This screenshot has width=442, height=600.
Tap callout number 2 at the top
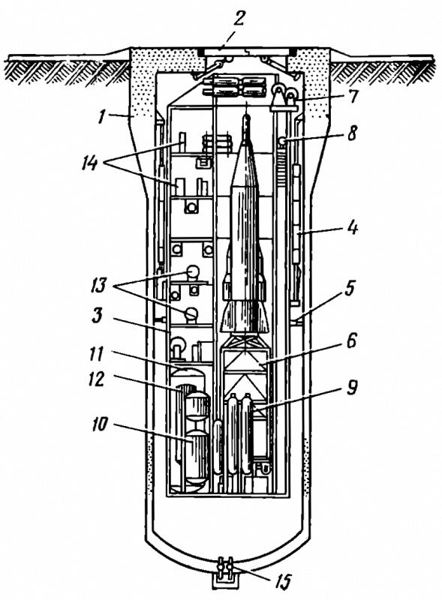pyautogui.click(x=239, y=18)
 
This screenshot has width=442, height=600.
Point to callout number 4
pyautogui.click(x=351, y=229)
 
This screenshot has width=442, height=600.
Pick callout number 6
pyautogui.click(x=351, y=340)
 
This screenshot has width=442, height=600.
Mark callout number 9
pyautogui.click(x=351, y=387)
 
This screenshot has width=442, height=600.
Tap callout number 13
pyautogui.click(x=98, y=285)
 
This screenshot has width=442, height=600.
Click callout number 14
pyautogui.click(x=90, y=163)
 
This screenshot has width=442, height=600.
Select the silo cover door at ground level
pyautogui.click(x=246, y=52)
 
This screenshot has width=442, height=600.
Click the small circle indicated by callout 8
pyautogui.click(x=282, y=141)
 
